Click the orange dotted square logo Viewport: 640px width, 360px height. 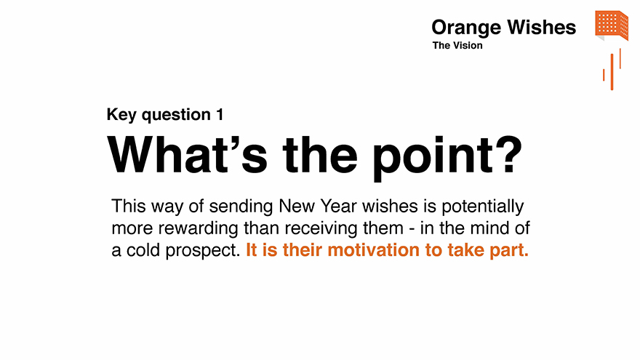[612, 25]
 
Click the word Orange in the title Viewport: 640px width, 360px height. [466, 28]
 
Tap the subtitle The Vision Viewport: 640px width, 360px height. [457, 45]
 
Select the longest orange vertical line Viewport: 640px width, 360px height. [612, 72]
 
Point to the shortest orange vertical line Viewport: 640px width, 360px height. [604, 75]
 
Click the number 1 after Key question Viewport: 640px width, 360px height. [220, 114]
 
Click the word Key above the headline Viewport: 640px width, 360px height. [121, 115]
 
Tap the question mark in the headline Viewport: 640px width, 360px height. [509, 155]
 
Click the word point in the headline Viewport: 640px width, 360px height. [432, 159]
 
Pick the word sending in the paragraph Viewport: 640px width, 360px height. [241, 206]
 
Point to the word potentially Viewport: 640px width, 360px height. [483, 207]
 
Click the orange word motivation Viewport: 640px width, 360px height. [374, 249]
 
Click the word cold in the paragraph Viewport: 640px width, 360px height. [143, 249]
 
